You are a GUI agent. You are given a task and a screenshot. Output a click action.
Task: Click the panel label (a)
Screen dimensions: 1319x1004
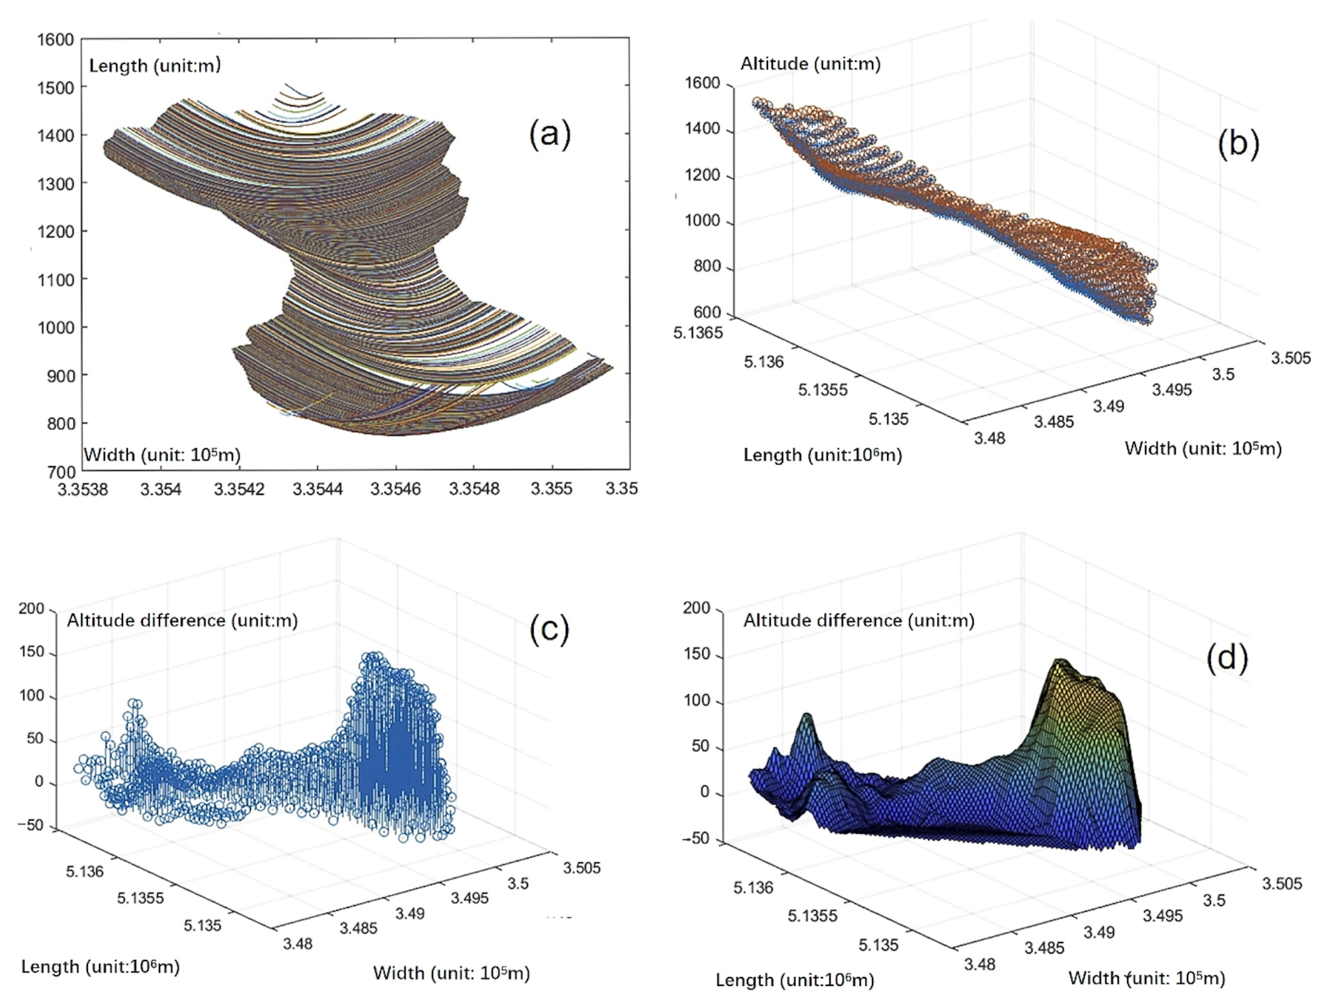(549, 134)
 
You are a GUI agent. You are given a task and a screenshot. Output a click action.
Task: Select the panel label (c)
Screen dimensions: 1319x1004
(549, 629)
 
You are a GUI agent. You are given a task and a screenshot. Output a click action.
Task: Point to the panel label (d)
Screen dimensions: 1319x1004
(1227, 659)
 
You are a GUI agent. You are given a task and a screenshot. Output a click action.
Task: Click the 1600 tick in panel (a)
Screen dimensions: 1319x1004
(56, 39)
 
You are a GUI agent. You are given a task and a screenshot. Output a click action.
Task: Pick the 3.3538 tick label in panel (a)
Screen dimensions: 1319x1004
(83, 489)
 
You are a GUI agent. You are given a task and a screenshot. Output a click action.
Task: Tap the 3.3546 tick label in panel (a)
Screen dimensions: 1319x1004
(395, 489)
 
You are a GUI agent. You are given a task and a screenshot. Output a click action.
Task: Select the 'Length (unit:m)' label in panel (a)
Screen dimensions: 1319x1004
(155, 65)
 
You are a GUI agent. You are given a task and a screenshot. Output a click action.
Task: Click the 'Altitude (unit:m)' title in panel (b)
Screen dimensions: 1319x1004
(810, 64)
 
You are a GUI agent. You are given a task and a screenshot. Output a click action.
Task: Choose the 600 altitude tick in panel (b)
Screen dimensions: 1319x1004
(707, 313)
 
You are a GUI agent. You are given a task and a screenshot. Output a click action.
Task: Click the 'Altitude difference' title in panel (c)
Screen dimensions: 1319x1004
(146, 621)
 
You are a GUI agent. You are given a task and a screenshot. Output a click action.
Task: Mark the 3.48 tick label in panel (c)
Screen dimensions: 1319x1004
(298, 944)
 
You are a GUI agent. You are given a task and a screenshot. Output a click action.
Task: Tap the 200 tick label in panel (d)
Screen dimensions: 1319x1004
(696, 608)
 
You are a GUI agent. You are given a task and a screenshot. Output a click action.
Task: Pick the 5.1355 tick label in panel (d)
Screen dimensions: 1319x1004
(811, 916)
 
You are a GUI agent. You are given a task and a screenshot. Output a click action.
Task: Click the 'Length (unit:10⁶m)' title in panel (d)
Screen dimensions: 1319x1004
(795, 980)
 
